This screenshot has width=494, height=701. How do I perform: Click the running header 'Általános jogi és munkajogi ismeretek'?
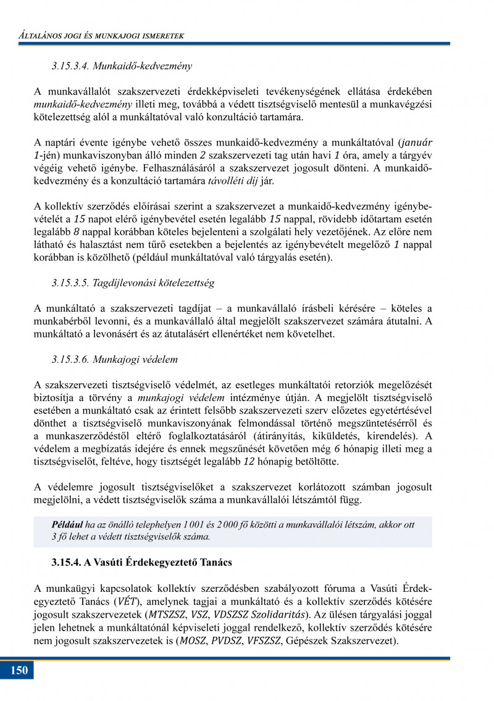[101, 36]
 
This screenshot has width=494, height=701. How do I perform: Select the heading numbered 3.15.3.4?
[122, 65]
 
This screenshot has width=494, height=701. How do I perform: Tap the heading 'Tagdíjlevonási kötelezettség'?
[133, 283]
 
